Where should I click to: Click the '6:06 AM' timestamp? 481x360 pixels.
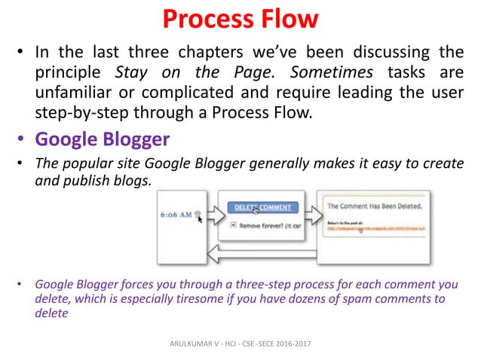pyautogui.click(x=175, y=214)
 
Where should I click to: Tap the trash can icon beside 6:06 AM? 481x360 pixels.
pyautogui.click(x=197, y=214)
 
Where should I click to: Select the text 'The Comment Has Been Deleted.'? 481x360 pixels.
pyautogui.click(x=374, y=204)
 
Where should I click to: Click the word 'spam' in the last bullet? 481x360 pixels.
pyautogui.click(x=335, y=299)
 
